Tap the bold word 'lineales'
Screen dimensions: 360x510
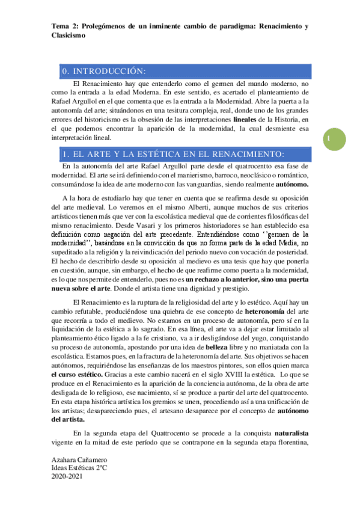coord(245,120)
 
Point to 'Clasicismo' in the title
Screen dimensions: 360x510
coord(69,36)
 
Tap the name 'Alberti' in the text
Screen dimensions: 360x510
coord(164,206)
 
